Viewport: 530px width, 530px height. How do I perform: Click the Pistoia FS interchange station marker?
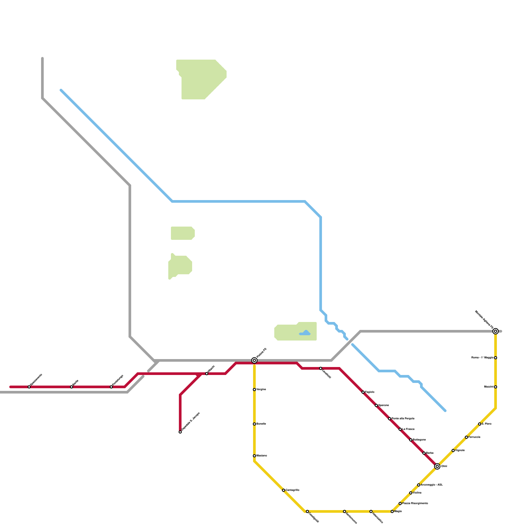[x=254, y=360]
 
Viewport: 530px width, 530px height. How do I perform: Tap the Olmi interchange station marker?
[x=437, y=466]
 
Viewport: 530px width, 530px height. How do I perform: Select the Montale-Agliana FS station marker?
[x=496, y=331]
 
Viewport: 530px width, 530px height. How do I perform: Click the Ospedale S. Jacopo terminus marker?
[x=180, y=432]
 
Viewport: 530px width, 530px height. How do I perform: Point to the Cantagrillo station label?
[x=292, y=490]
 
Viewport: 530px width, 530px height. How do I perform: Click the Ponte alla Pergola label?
[x=403, y=419]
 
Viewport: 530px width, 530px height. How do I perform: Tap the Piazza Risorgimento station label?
[x=415, y=503]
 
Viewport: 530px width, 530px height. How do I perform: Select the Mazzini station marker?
[x=496, y=387]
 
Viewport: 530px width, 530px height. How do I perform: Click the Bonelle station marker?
[x=254, y=424]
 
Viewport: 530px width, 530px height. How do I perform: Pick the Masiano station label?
[x=261, y=456]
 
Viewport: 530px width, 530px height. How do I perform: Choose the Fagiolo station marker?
[x=363, y=392]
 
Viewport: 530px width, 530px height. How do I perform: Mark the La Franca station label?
[x=408, y=429]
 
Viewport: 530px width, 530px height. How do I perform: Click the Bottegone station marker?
[x=411, y=440]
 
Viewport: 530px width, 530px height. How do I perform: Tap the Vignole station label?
[x=460, y=450]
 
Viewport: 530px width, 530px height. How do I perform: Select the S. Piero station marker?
[x=480, y=424]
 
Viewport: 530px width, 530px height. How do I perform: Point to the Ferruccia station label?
[x=474, y=437]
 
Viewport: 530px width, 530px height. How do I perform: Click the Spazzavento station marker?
[x=29, y=387]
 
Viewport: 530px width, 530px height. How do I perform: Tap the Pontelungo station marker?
[x=111, y=387]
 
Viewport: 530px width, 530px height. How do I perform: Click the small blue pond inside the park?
[x=305, y=333]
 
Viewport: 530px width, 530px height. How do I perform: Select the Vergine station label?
[x=261, y=389]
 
